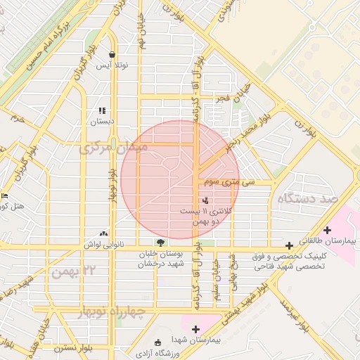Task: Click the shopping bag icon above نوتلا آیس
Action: click(x=112, y=54)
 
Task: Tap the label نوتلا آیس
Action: click(x=112, y=65)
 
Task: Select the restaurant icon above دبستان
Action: click(x=102, y=110)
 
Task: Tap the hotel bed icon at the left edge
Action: click(x=4, y=196)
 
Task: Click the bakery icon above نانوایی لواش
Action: click(x=104, y=233)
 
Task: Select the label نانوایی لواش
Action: click(x=104, y=244)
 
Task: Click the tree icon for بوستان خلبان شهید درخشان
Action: click(x=161, y=243)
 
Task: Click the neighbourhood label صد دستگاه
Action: click(x=309, y=199)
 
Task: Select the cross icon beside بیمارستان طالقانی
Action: click(x=327, y=230)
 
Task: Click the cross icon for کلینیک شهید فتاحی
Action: click(x=290, y=244)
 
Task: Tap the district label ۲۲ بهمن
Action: click(x=79, y=271)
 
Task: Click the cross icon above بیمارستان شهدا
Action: click(x=195, y=329)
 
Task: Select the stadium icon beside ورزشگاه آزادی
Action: click(x=157, y=342)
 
